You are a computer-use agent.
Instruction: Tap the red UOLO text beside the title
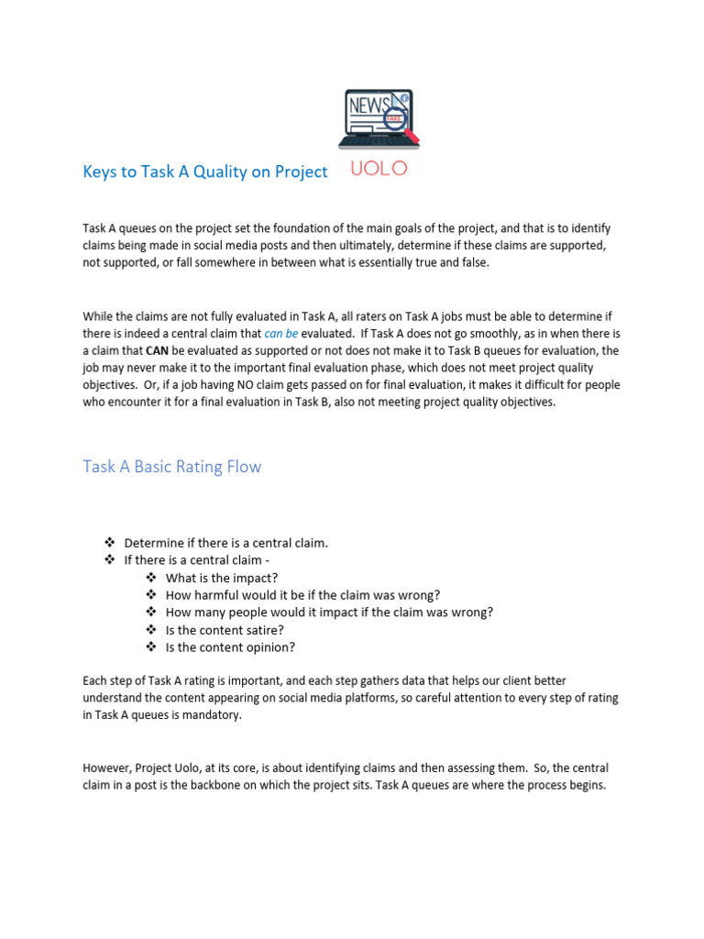(x=380, y=171)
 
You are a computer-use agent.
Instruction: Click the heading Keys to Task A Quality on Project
(x=204, y=171)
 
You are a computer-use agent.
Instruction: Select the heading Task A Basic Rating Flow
(x=171, y=466)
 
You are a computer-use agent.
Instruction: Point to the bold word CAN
(x=148, y=350)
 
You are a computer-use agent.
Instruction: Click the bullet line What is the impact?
(x=221, y=578)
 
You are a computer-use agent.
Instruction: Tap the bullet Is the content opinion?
(x=230, y=647)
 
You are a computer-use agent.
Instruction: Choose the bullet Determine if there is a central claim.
(x=225, y=543)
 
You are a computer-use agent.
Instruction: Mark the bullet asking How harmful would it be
(x=302, y=595)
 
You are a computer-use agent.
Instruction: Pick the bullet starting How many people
(x=329, y=613)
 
